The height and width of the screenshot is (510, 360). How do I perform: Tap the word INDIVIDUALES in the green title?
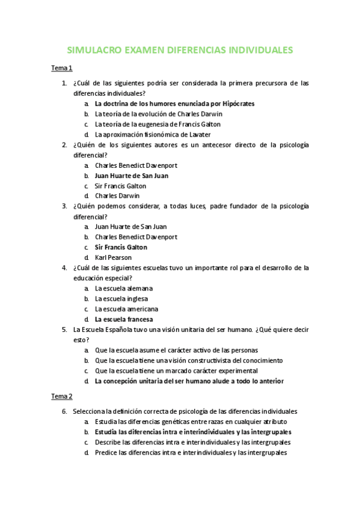pos(261,50)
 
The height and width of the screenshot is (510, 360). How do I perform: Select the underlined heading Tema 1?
pos(61,68)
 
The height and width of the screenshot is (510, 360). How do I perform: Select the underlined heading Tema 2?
pos(61,396)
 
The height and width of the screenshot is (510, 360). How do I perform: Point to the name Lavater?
pos(198,134)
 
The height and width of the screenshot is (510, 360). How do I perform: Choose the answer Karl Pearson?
pos(113,257)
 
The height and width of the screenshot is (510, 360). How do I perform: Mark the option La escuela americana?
pos(126,309)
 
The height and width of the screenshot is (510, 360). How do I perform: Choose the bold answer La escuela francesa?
pos(124,319)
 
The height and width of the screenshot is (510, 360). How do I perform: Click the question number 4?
pos(64,268)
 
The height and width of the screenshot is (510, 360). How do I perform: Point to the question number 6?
pos(64,412)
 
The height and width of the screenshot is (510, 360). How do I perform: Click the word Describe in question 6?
pos(108,442)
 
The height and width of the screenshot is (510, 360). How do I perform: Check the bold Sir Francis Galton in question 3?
pos(121,247)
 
